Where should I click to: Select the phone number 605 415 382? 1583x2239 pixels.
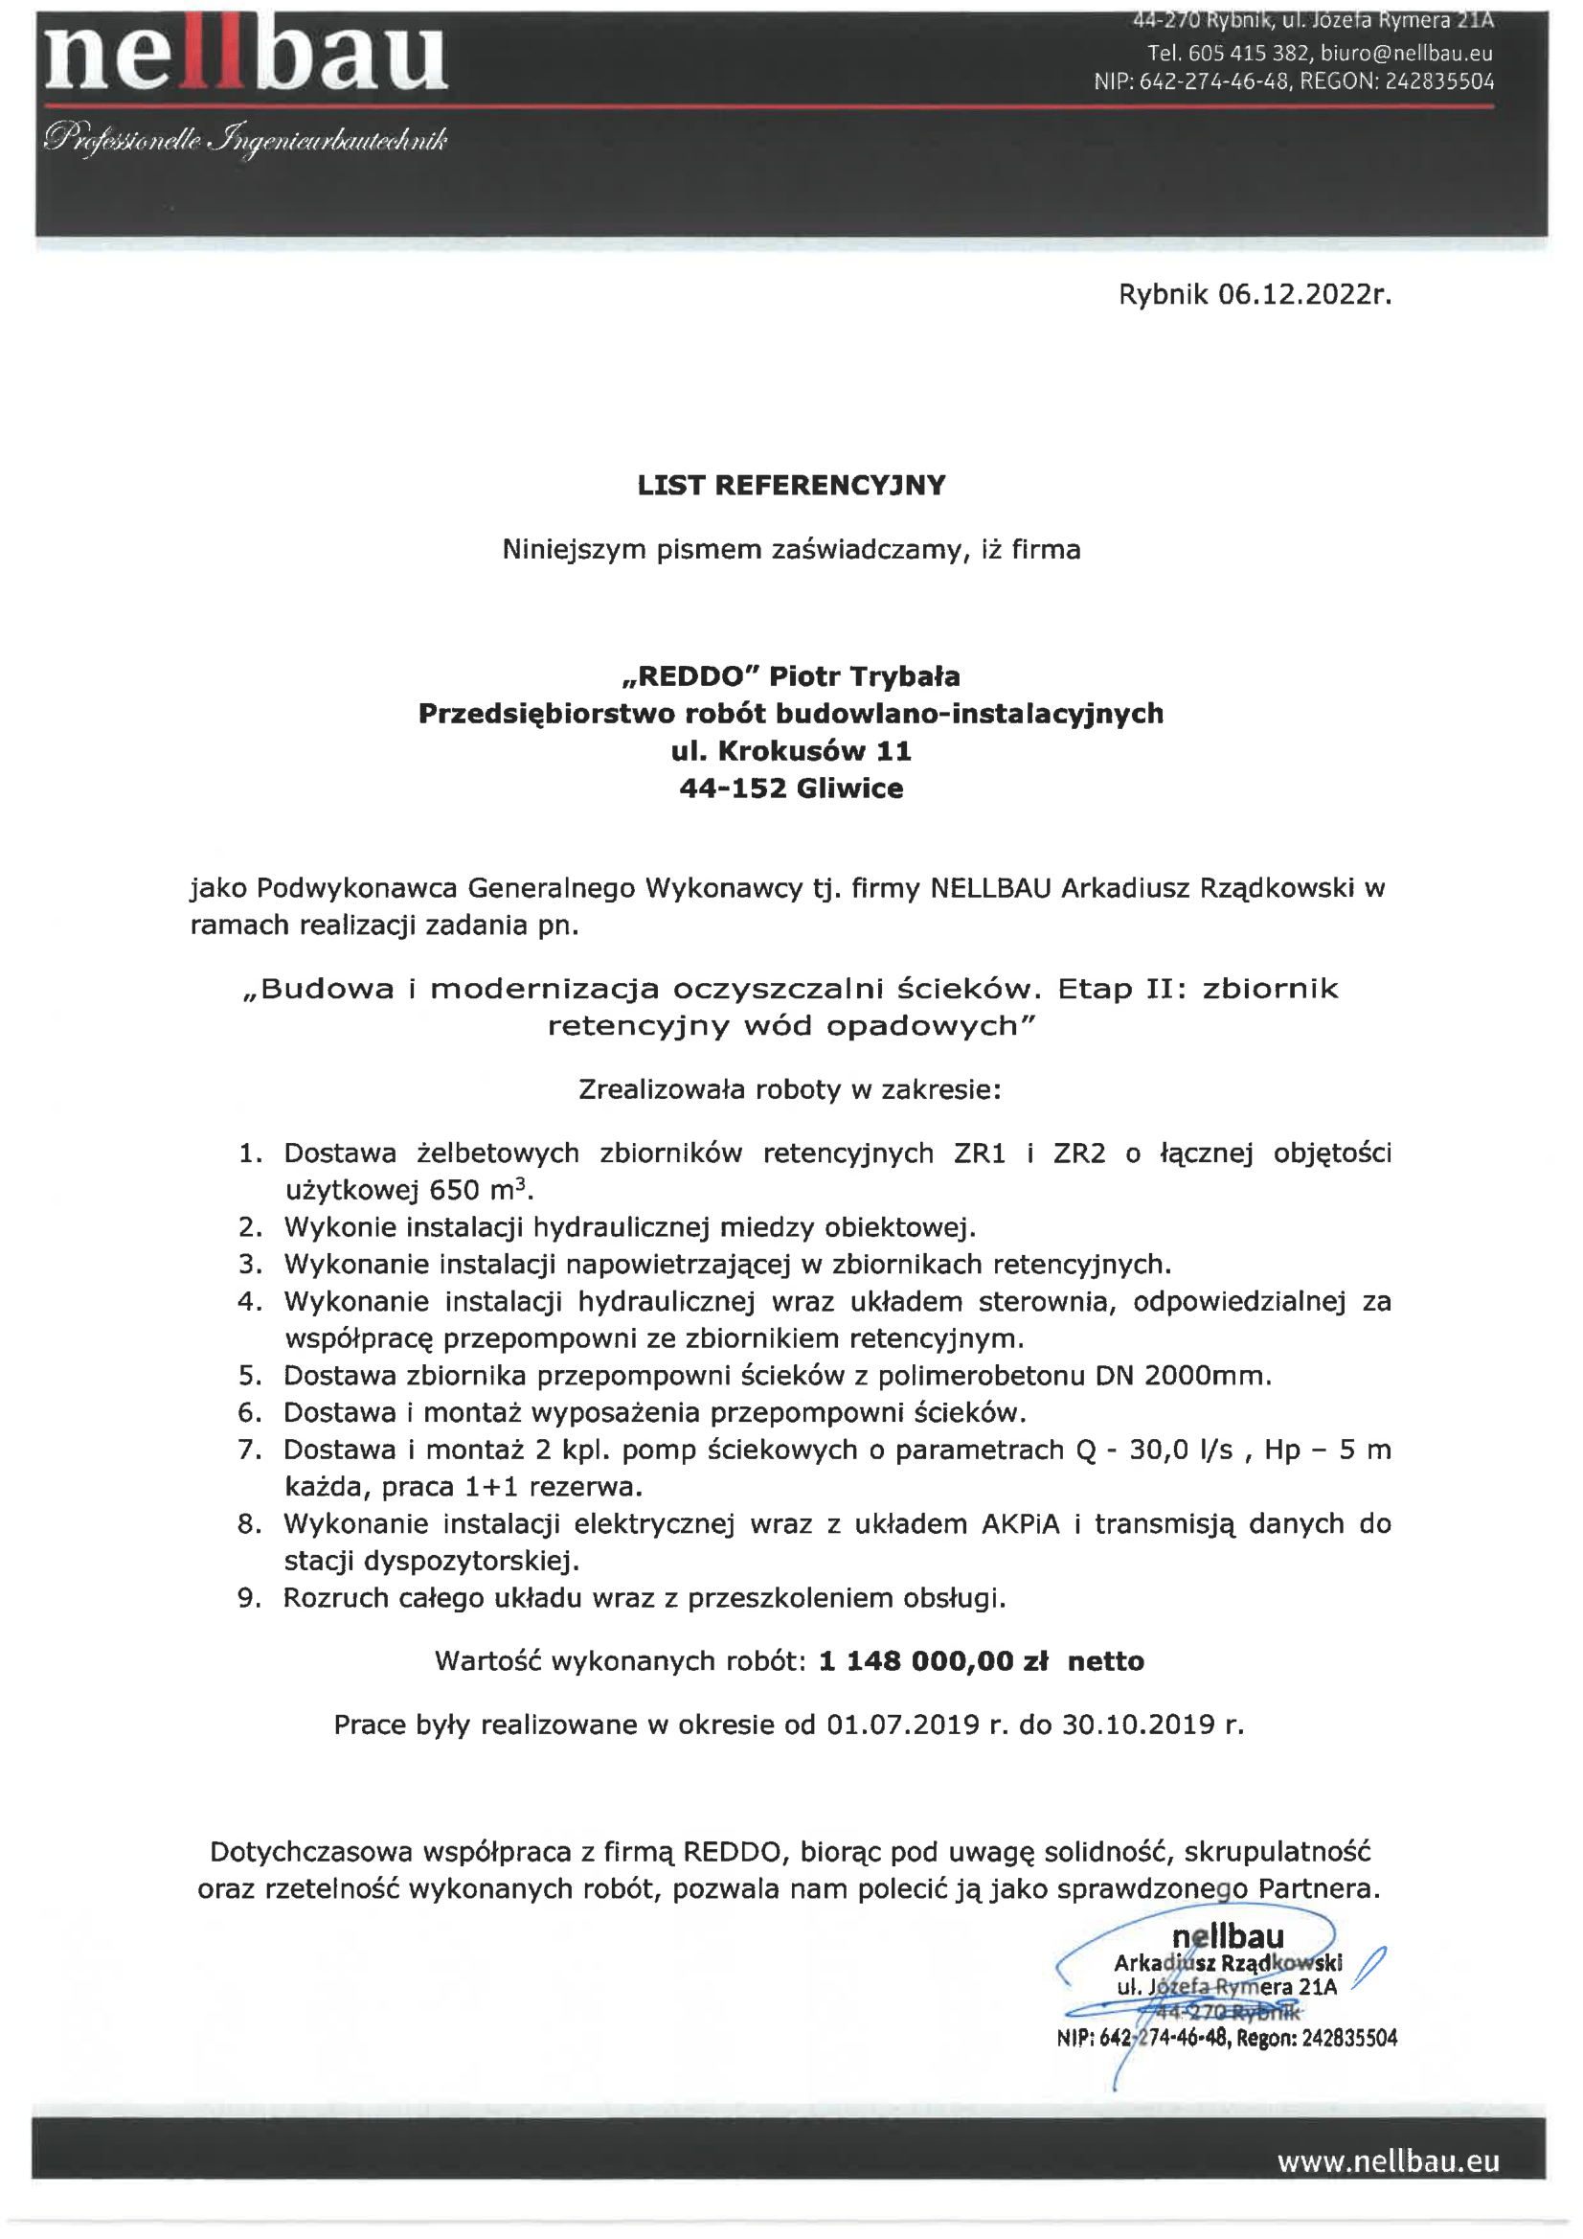pos(1249,54)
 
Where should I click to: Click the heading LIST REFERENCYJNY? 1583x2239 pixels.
pos(791,486)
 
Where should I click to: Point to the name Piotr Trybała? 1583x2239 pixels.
pos(865,675)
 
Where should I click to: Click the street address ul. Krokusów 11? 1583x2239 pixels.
pos(791,751)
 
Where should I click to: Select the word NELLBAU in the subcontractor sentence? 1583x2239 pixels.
pos(991,888)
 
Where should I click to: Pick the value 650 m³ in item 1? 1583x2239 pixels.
pos(481,1191)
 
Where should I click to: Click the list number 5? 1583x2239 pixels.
pos(250,1376)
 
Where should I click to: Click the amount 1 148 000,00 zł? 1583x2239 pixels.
pos(933,1661)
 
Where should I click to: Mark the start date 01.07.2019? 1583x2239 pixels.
pos(903,1725)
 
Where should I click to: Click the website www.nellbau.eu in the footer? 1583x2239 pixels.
pos(1388,2162)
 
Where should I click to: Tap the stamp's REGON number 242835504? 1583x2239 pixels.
pos(1349,2038)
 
